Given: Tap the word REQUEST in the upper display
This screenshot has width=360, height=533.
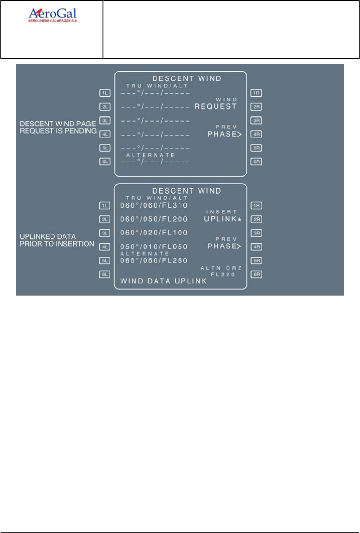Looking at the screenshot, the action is [215, 107].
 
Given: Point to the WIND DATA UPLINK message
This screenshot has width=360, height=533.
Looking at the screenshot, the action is [164, 282].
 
